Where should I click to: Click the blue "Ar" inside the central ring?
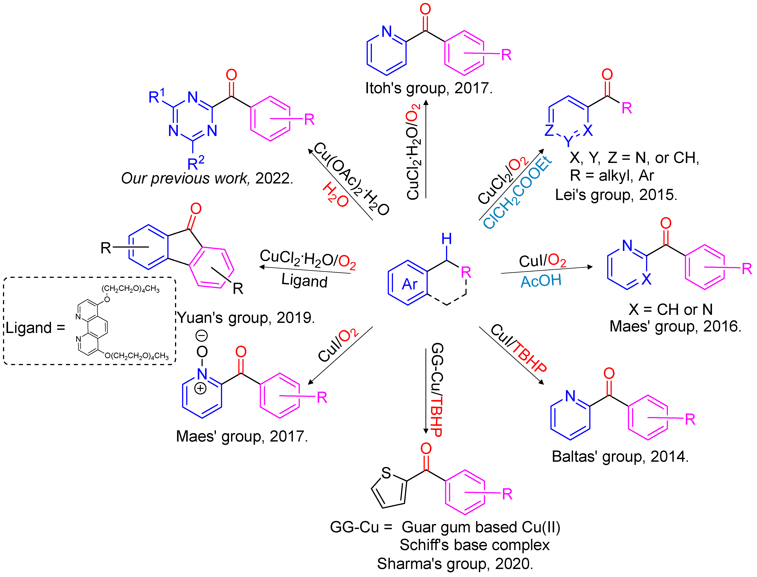pyautogui.click(x=410, y=284)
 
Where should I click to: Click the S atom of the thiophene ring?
pyautogui.click(x=386, y=473)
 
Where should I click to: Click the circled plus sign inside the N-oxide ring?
pyautogui.click(x=200, y=388)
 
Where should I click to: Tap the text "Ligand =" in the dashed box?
pyautogui.click(x=35, y=328)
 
